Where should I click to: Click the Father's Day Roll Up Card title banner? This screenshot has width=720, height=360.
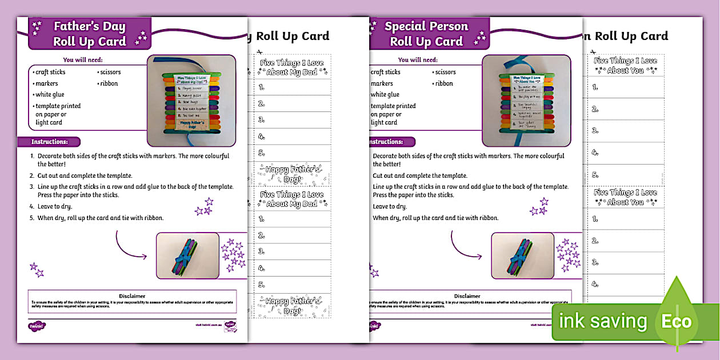point(89,34)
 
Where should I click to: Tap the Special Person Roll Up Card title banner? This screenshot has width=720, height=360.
point(426,34)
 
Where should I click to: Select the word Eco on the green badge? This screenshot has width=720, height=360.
point(677,322)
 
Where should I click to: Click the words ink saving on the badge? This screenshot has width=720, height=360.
point(603,322)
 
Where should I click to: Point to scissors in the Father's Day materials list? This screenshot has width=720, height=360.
point(110,72)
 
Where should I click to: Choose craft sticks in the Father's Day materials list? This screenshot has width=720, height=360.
point(50,72)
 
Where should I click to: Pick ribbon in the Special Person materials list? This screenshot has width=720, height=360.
point(444,83)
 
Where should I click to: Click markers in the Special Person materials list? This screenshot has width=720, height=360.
point(382,83)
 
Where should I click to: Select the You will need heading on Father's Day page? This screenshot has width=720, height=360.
point(86,59)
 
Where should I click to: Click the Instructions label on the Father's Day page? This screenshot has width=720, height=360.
point(49,142)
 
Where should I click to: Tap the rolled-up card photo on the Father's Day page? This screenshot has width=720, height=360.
point(188,255)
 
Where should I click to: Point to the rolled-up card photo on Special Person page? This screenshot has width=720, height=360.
point(522,255)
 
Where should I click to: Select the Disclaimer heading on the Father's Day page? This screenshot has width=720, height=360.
point(132,296)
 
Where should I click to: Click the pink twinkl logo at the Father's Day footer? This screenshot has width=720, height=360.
point(36,326)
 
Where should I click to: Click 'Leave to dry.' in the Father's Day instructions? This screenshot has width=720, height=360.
point(54,206)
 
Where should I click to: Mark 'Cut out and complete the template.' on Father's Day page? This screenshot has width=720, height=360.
point(85,175)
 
